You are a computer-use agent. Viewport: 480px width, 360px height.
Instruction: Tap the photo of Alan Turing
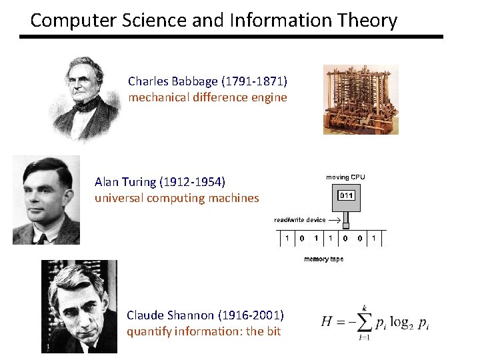(x=46, y=199)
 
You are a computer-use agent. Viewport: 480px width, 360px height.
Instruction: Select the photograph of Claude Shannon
(x=79, y=306)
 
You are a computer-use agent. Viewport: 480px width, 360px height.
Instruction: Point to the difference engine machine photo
(x=360, y=99)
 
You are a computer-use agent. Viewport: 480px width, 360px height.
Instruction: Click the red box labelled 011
(x=346, y=195)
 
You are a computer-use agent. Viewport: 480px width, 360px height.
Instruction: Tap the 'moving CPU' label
(x=345, y=177)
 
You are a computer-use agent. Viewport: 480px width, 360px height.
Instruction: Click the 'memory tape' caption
(x=323, y=259)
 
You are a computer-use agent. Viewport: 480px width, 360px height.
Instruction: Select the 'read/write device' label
(x=300, y=219)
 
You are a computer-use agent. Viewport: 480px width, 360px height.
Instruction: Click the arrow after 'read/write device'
(x=335, y=219)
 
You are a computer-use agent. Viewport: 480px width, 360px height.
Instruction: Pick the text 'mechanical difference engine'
(x=207, y=97)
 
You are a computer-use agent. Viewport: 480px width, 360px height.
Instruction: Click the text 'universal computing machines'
(x=177, y=198)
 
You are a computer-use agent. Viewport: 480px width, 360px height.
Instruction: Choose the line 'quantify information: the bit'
(x=203, y=331)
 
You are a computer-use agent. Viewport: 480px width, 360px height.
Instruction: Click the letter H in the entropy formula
(x=326, y=321)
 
